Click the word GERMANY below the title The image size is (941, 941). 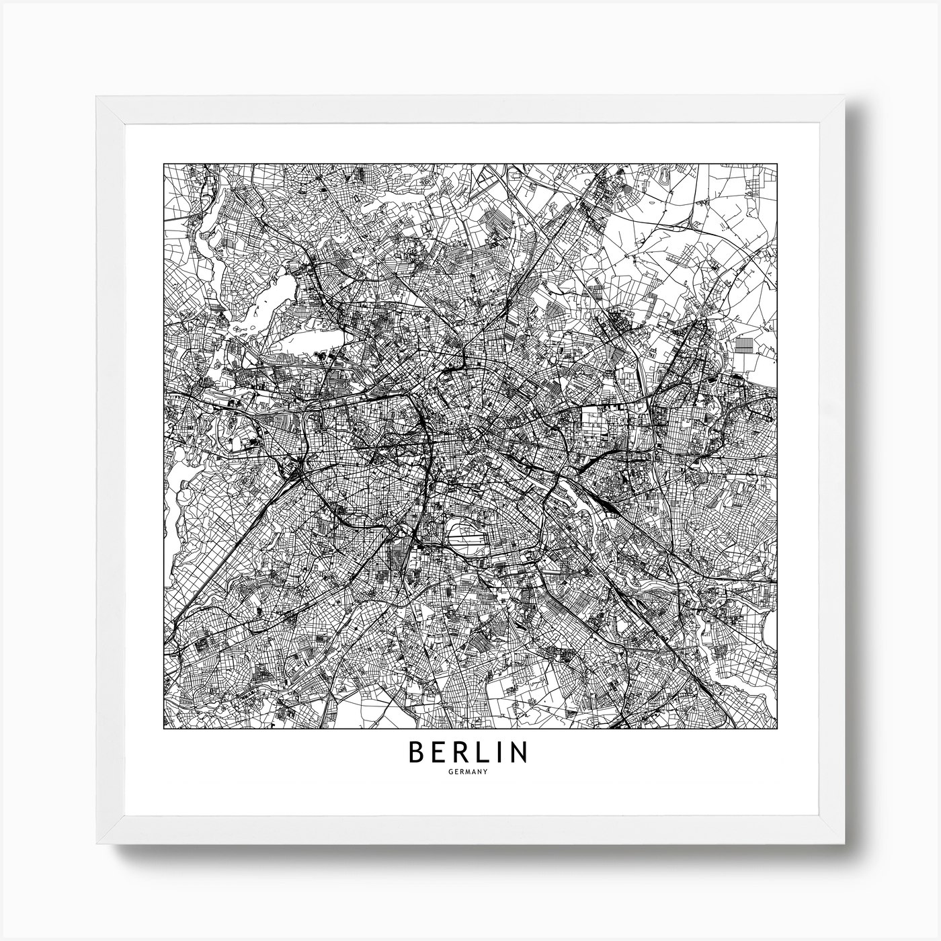(x=470, y=771)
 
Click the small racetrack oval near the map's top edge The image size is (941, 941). (x=664, y=177)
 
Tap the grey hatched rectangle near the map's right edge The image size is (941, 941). (x=745, y=345)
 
